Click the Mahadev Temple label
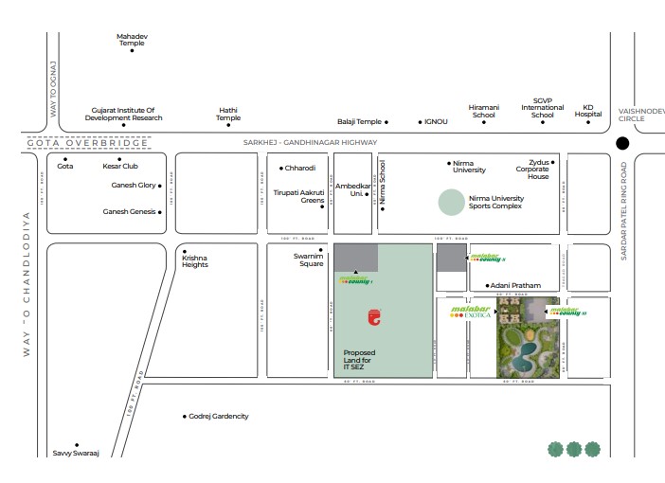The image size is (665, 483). [132, 40]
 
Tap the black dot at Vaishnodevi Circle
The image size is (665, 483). [622, 144]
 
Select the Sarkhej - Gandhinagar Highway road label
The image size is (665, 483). [303, 142]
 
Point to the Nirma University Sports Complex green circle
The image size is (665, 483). [452, 203]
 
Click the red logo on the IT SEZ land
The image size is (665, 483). [377, 319]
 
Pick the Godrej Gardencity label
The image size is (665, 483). [218, 417]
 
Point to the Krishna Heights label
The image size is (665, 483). [194, 260]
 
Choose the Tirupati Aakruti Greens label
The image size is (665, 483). [299, 196]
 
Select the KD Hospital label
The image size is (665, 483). [587, 111]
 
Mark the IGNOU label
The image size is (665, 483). [436, 122]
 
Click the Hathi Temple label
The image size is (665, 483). [228, 114]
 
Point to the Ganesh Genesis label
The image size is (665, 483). [129, 211]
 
